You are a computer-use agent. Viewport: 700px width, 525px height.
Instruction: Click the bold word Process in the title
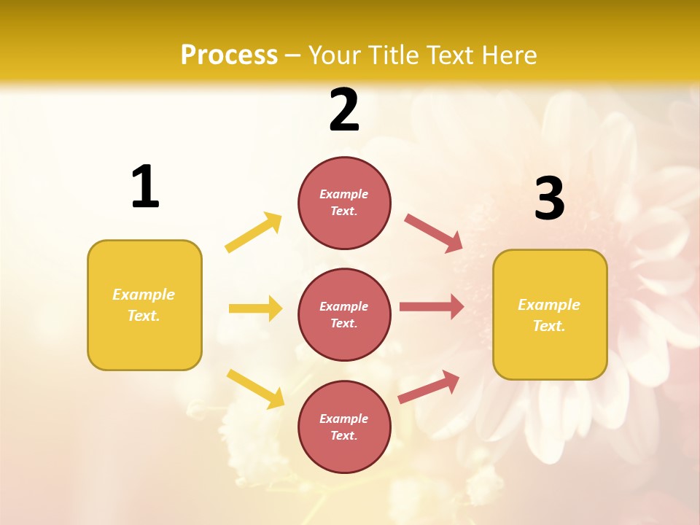(x=229, y=55)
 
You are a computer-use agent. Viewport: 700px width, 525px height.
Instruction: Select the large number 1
(x=145, y=187)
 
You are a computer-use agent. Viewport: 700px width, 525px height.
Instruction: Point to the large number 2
(x=344, y=110)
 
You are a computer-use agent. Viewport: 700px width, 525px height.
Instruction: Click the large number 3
(x=549, y=199)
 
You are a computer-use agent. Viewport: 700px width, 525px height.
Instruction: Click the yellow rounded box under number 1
(x=144, y=305)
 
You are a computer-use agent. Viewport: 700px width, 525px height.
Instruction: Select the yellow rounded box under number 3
(x=550, y=315)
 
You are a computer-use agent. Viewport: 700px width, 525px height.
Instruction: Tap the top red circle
(x=344, y=203)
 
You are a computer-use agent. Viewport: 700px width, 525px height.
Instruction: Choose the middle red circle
(x=344, y=314)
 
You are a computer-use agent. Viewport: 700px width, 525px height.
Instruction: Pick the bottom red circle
(x=344, y=427)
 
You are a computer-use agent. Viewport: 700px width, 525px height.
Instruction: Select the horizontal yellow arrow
(x=255, y=308)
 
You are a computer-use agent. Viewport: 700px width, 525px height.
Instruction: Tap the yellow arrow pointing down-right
(x=255, y=389)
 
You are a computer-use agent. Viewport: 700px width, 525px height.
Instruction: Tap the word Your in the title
(x=335, y=55)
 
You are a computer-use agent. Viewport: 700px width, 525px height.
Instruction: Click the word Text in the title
(x=448, y=55)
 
